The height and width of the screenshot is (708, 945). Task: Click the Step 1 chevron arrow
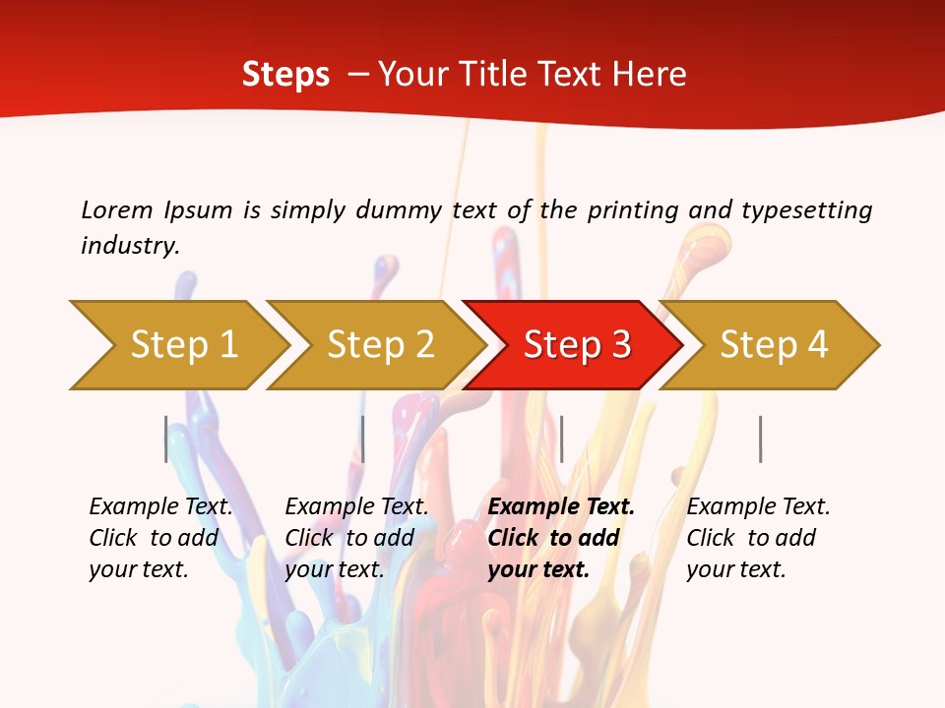point(183,344)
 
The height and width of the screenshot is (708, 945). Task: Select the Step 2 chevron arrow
point(380,344)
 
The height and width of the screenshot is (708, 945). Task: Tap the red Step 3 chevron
point(577,344)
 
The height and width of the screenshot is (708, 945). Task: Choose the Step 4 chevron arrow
point(774,344)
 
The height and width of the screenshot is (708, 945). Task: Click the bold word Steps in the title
point(285,74)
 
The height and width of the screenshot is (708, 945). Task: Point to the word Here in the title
point(649,74)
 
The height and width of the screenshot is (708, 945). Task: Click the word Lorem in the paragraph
point(116,209)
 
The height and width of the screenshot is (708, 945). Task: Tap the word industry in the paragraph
point(130,245)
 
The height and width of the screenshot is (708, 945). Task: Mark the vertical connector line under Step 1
point(165,439)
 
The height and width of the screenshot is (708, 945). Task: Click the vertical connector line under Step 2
point(362,439)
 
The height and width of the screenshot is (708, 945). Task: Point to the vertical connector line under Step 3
point(561,439)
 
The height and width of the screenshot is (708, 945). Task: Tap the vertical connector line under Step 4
point(760,439)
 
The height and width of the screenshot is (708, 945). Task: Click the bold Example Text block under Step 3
point(561,538)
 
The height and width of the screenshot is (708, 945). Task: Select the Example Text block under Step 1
point(160,538)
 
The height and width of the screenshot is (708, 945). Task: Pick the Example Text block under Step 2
point(356,538)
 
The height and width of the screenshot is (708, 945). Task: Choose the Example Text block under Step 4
point(758,538)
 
